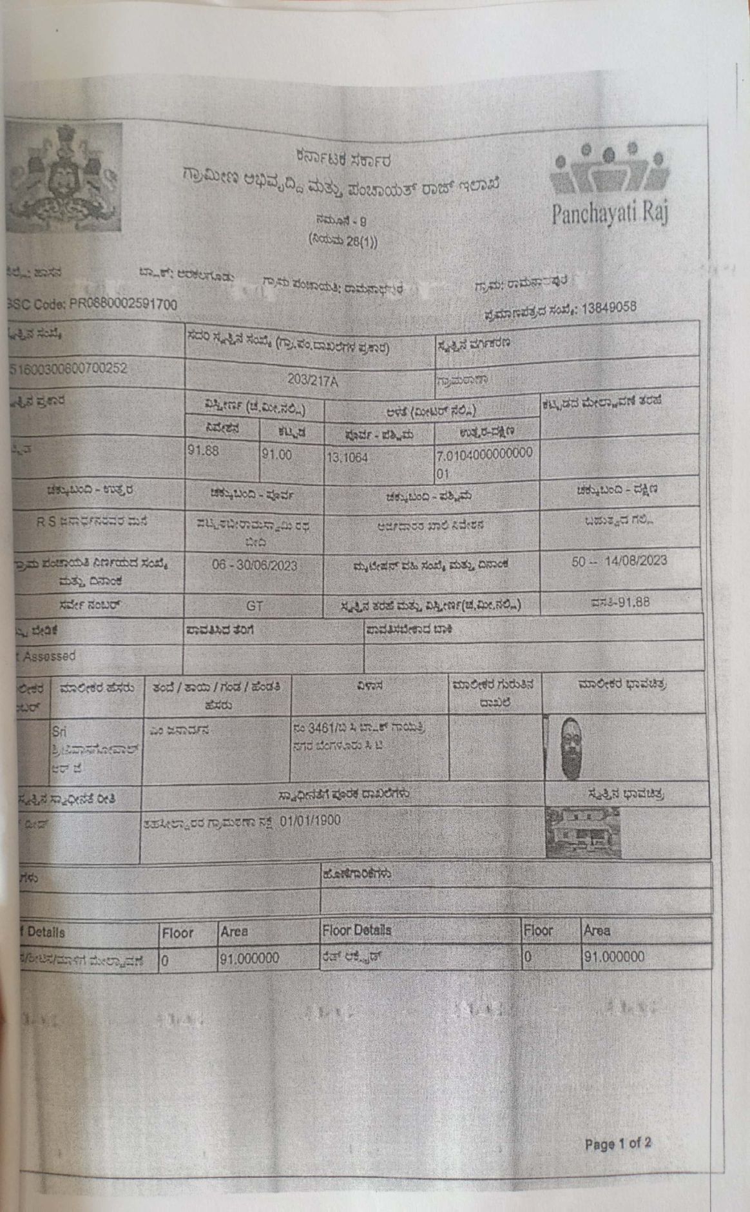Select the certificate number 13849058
[608, 308]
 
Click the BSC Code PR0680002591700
[93, 304]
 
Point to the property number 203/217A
[312, 380]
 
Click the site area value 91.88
[203, 450]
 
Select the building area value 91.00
[276, 454]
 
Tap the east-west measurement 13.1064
[347, 458]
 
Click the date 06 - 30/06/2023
[255, 565]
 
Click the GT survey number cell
[254, 606]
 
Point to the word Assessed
[49, 656]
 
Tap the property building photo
[583, 832]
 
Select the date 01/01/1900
[310, 821]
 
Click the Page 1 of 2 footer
[617, 1144]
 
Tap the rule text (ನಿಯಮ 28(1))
[343, 240]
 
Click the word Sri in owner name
[59, 732]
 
